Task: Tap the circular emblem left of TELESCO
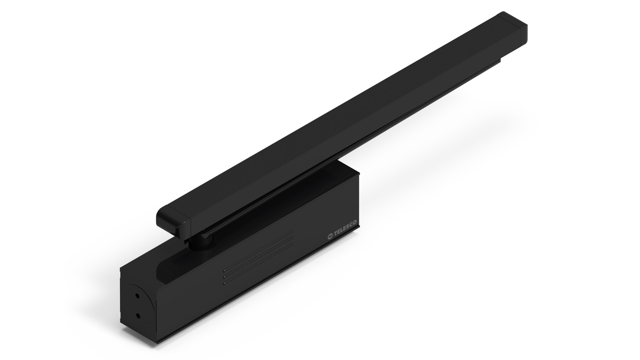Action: coord(330,237)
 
